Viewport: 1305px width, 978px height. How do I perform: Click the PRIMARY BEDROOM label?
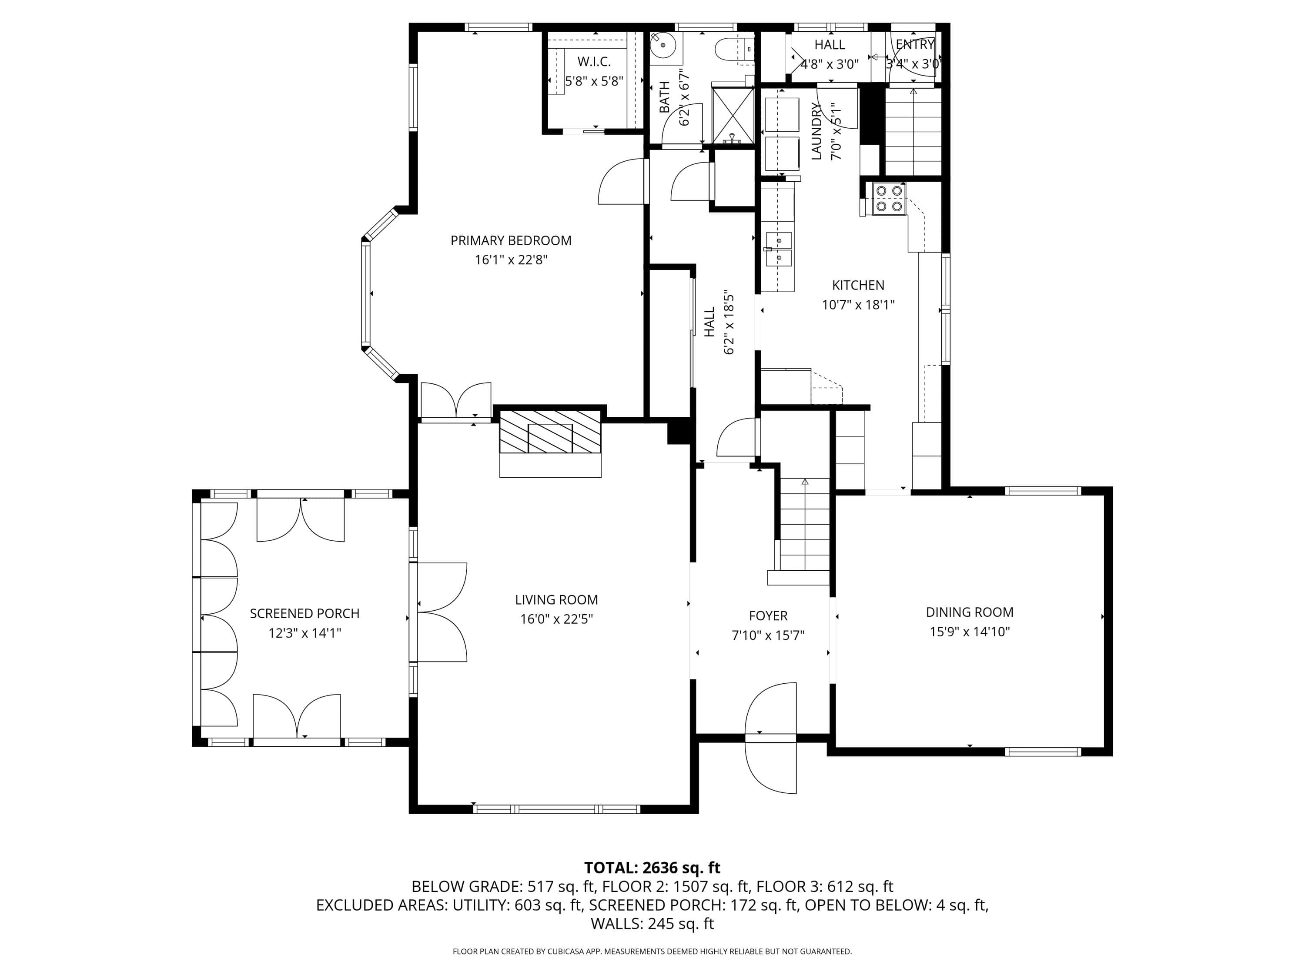(x=511, y=240)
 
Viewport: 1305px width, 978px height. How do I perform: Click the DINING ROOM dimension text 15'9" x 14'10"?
(x=970, y=632)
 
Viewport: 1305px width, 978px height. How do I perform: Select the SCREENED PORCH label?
(x=304, y=614)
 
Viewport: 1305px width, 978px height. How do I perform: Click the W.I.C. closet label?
(x=594, y=61)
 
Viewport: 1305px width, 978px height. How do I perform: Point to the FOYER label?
(x=768, y=616)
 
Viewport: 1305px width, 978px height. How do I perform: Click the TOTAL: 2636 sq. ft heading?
(x=652, y=868)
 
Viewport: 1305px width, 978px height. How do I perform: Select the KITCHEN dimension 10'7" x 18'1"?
(x=858, y=305)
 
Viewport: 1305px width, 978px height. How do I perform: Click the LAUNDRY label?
(x=816, y=131)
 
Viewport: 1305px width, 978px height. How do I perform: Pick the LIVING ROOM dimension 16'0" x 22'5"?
(x=556, y=619)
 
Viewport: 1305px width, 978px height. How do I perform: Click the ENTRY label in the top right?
(x=915, y=44)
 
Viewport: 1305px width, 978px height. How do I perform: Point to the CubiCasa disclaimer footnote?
(x=652, y=951)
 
